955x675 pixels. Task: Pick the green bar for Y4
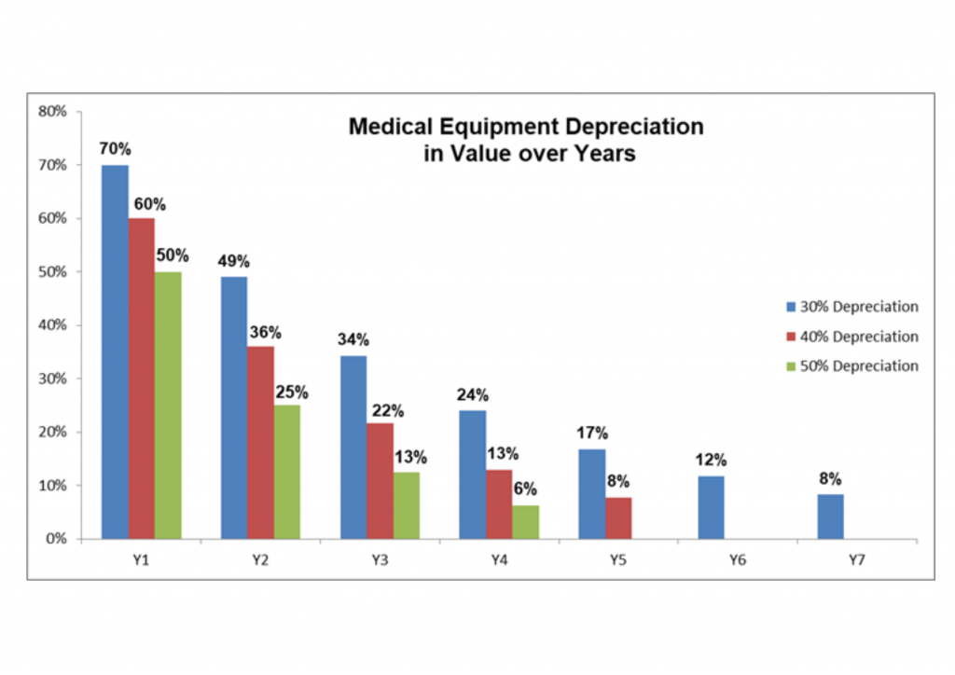pyautogui.click(x=525, y=522)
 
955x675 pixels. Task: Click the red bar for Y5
pyautogui.click(x=618, y=518)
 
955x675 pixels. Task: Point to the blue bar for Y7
pyautogui.click(x=830, y=517)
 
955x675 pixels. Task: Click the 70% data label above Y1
pyautogui.click(x=116, y=148)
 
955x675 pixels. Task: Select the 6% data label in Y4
pyautogui.click(x=525, y=489)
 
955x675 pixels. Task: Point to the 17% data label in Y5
pyautogui.click(x=592, y=433)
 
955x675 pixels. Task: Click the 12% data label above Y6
pyautogui.click(x=711, y=460)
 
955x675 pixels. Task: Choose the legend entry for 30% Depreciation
pyautogui.click(x=851, y=307)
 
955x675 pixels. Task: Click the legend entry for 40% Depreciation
pyautogui.click(x=851, y=337)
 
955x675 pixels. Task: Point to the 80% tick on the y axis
pyautogui.click(x=53, y=111)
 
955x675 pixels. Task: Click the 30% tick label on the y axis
pyautogui.click(x=53, y=379)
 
